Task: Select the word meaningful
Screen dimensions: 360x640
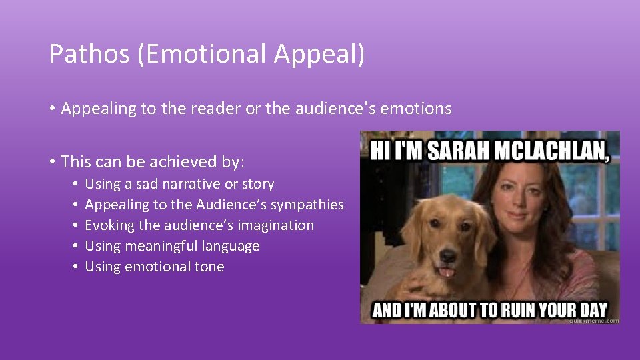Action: (x=159, y=246)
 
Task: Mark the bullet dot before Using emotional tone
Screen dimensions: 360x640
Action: (x=78, y=267)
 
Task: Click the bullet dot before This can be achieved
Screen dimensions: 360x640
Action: (x=52, y=162)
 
